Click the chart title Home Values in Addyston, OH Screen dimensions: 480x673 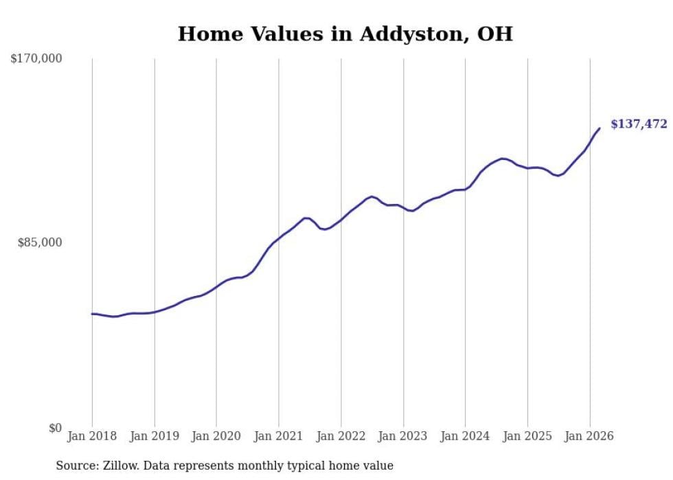345,34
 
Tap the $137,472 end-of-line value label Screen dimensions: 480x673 638,124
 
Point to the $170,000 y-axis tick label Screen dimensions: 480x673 36,59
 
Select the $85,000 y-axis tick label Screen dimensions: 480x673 39,242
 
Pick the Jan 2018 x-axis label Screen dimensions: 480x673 92,436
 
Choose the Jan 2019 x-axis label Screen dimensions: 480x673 154,436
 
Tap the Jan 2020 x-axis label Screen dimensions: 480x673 216,436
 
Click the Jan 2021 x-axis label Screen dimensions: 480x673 279,436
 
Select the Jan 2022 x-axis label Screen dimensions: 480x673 341,436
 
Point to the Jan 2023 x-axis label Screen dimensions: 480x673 403,436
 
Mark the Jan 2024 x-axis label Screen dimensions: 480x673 465,436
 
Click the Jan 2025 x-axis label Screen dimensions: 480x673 527,436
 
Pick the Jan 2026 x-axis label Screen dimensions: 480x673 589,436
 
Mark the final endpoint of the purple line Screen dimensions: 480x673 600,128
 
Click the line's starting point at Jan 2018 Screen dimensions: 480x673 92,314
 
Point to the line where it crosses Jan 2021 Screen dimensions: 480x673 279,237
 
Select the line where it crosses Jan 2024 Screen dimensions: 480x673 465,190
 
